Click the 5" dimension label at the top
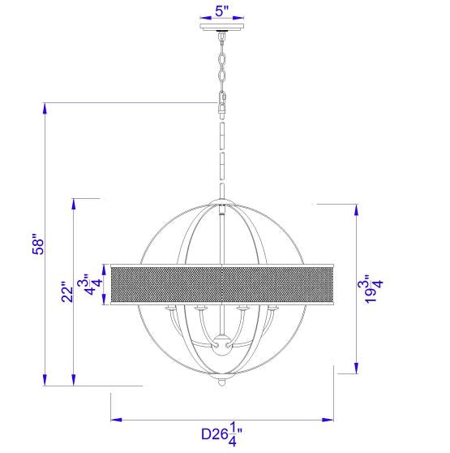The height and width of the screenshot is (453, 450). coord(222,11)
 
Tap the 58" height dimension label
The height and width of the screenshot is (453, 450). coord(38,244)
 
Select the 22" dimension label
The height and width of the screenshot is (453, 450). coord(68,292)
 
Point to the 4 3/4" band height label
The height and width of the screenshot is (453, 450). coord(90,284)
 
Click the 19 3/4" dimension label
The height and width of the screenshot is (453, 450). coord(371,288)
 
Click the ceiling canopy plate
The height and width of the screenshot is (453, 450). coord(222,27)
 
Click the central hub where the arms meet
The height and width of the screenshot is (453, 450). coord(221,345)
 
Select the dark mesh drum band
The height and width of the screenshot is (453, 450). coord(222,284)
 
